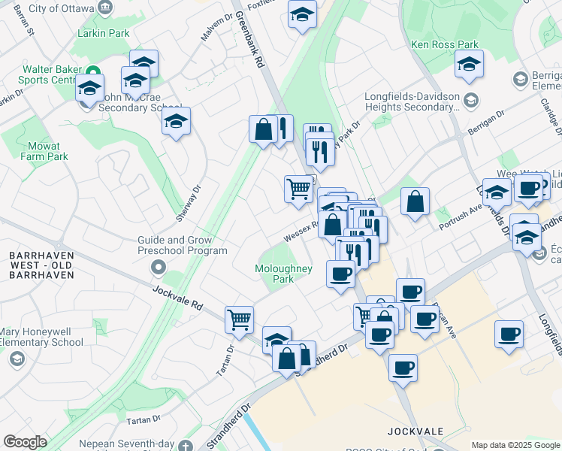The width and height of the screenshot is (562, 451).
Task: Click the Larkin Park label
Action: click(x=103, y=33)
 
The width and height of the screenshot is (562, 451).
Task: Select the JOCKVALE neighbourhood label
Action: click(x=415, y=431)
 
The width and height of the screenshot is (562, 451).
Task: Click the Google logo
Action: click(x=25, y=441)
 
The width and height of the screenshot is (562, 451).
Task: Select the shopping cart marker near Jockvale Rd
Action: click(x=240, y=319)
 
